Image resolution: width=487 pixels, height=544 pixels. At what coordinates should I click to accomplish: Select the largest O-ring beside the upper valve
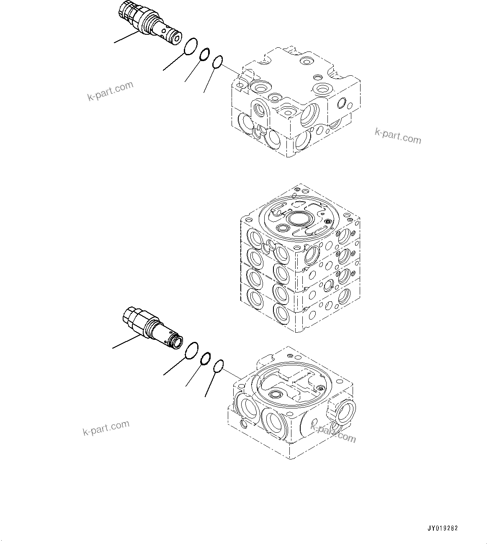tap(191, 46)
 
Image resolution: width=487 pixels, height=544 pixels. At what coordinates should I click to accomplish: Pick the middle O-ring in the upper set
tap(204, 55)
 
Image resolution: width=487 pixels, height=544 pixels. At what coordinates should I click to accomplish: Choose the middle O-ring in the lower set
tap(205, 359)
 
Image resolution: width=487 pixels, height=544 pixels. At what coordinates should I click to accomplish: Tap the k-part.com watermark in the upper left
tap(110, 91)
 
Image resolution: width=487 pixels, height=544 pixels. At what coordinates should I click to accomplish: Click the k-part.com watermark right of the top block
tap(397, 136)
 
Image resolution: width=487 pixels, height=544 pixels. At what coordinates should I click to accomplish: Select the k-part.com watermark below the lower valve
tap(106, 428)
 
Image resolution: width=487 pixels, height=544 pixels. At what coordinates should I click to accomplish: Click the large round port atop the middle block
tap(298, 218)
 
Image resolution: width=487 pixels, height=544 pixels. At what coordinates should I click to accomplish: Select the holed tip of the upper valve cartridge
tap(173, 37)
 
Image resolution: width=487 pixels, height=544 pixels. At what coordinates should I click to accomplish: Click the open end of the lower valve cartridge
tap(177, 342)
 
